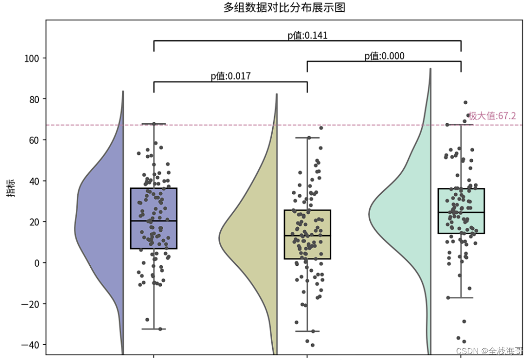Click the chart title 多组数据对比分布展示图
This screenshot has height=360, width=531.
point(284,8)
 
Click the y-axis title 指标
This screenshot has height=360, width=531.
point(10,188)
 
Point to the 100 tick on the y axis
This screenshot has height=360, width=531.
point(33,59)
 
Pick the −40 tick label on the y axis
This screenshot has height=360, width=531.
point(31,344)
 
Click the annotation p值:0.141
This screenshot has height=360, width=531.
point(307,35)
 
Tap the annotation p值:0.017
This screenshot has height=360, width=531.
point(230,76)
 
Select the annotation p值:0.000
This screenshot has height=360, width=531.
point(384,56)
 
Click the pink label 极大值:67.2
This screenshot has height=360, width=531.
point(492,116)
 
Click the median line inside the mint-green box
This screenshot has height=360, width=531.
point(461,212)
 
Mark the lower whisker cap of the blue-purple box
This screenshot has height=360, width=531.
point(153,329)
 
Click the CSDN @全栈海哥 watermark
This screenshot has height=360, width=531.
point(489,351)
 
